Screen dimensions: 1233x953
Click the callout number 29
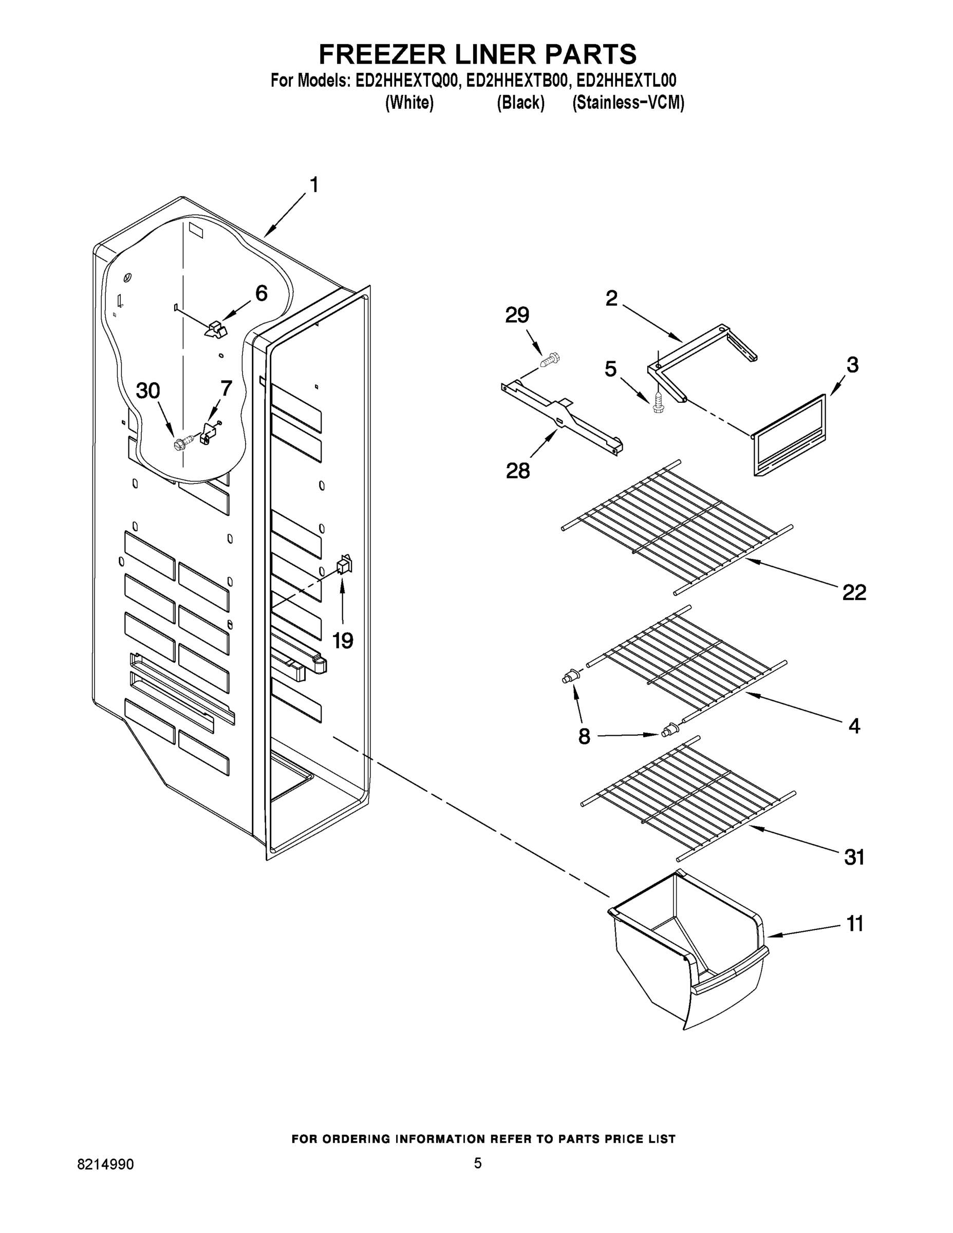coord(517,315)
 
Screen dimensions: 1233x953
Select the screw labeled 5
coord(657,403)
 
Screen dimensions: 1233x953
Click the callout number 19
coord(342,641)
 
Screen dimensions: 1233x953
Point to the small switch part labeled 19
coord(344,564)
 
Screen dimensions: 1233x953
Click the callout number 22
coord(854,592)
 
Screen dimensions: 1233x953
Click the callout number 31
coord(854,857)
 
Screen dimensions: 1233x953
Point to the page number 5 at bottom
coord(478,1163)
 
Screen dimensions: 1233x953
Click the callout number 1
coord(314,184)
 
